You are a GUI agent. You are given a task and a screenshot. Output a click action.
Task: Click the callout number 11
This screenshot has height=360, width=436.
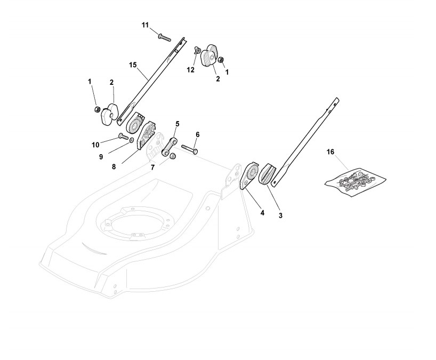pos(146,25)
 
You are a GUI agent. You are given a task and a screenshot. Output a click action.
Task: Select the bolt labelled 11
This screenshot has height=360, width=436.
pos(164,37)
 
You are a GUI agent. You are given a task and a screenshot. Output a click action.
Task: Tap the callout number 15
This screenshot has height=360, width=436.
pos(133,65)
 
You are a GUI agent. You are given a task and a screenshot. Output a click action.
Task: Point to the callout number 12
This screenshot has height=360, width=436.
pos(190,69)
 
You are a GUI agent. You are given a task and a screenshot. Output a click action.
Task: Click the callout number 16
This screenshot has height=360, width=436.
pos(330,152)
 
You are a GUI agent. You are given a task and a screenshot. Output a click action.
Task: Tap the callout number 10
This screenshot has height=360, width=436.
pos(95,145)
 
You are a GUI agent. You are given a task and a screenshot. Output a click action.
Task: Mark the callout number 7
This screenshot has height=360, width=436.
pos(152,167)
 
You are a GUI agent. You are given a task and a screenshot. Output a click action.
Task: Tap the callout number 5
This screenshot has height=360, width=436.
pos(177,123)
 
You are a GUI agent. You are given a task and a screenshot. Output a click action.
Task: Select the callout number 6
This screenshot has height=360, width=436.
pos(197,134)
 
